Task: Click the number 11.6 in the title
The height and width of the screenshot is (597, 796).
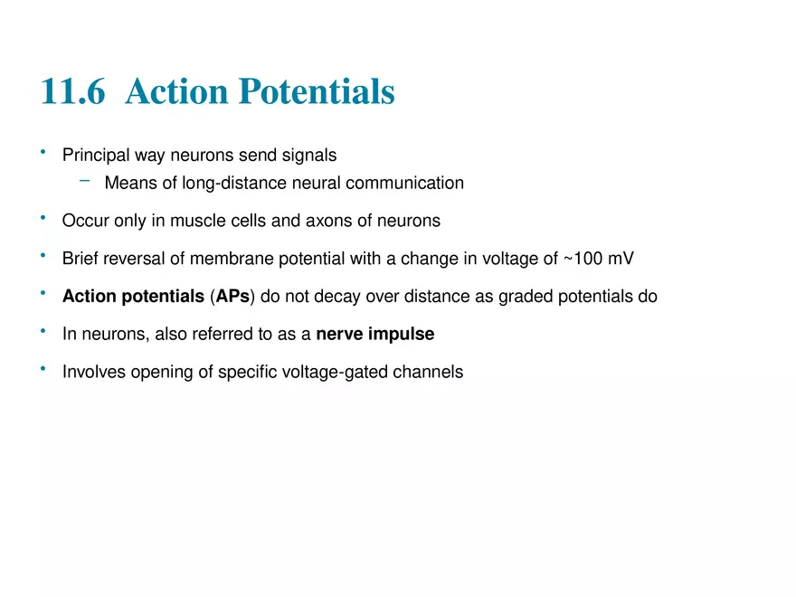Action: coord(73,91)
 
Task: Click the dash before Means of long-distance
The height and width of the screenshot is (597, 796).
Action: coord(85,180)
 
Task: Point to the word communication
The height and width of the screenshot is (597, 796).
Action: coord(404,183)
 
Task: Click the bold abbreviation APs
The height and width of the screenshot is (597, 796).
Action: coord(232,296)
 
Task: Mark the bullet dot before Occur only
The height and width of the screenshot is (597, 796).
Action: coord(43,218)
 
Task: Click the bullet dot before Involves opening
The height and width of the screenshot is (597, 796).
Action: coord(43,369)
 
